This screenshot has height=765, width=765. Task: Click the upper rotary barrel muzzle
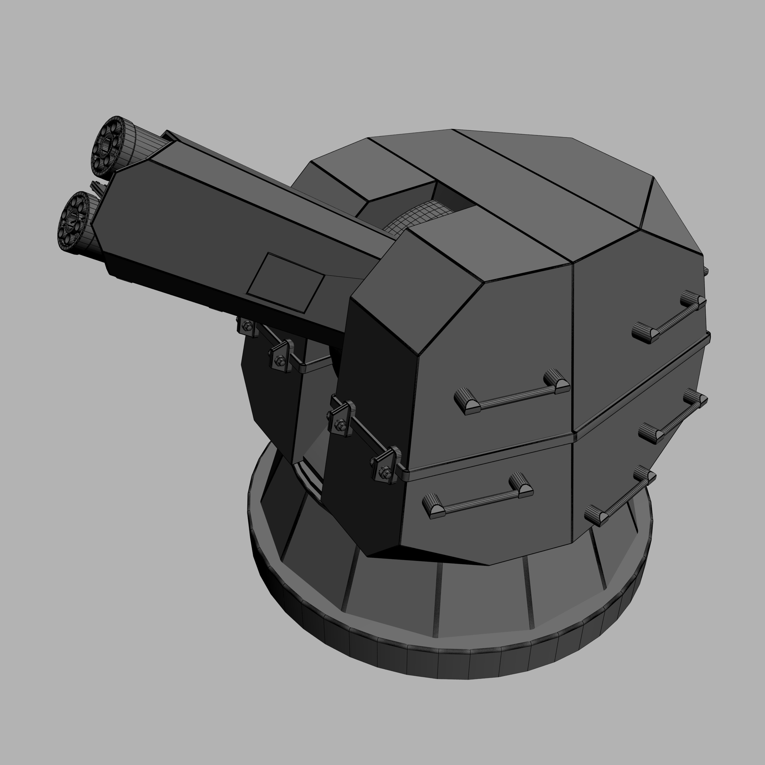tap(108, 145)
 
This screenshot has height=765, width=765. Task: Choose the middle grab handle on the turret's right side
tap(673, 418)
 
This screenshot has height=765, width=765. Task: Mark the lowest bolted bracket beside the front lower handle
tap(386, 466)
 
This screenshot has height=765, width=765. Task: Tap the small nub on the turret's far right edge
tap(706, 271)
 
